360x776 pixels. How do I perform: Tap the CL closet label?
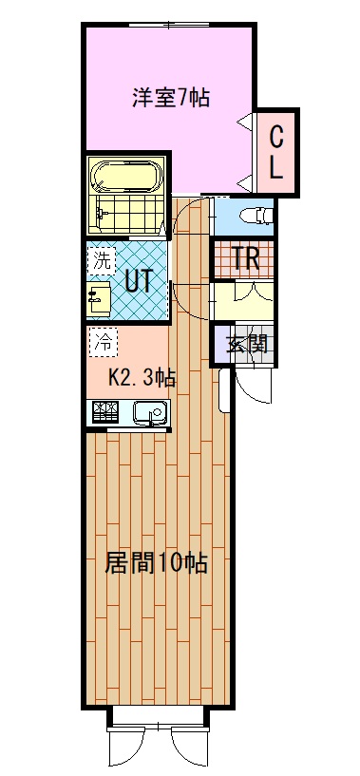[x=275, y=151]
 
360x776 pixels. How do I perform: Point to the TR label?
[x=245, y=257]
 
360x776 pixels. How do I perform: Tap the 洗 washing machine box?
[x=100, y=258]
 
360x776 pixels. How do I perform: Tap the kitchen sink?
[x=147, y=413]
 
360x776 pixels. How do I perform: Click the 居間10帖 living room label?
[x=155, y=562]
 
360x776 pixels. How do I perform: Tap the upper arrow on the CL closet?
[x=246, y=121]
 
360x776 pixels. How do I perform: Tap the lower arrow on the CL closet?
[x=246, y=180]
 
